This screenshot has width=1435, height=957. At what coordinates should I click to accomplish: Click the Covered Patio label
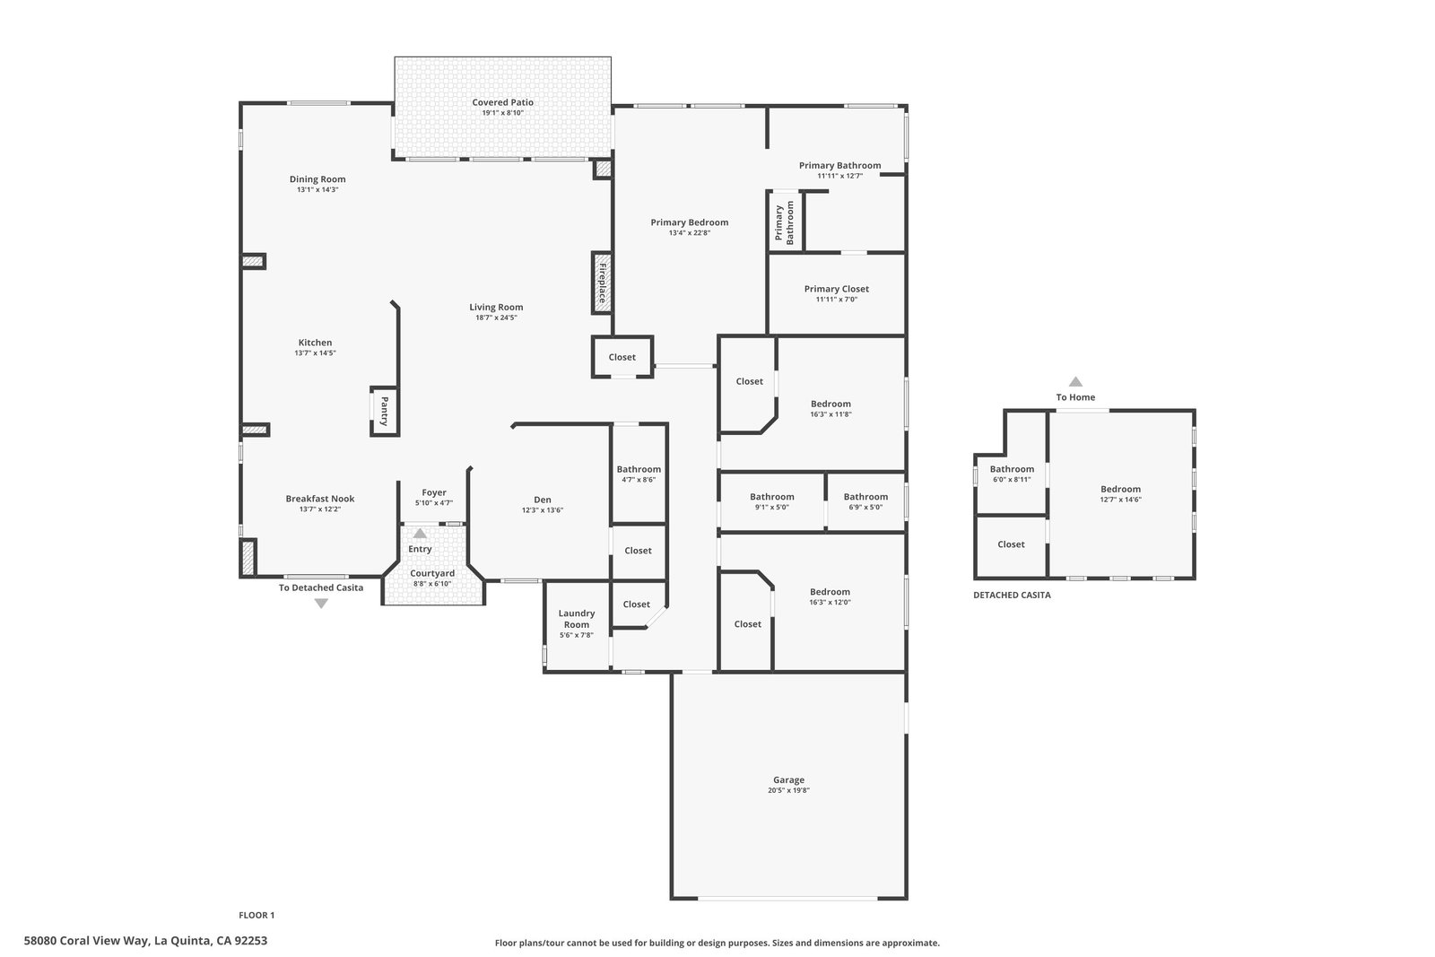pyautogui.click(x=502, y=102)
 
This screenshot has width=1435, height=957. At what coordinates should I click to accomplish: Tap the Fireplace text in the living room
pyautogui.click(x=602, y=283)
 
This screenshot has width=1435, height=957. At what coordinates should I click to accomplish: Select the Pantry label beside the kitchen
pyautogui.click(x=385, y=412)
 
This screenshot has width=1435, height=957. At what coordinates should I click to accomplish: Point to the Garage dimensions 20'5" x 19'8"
pyautogui.click(x=788, y=790)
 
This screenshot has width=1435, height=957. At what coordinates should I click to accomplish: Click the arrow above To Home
pyautogui.click(x=1075, y=381)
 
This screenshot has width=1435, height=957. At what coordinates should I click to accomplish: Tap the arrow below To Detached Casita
pyautogui.click(x=321, y=604)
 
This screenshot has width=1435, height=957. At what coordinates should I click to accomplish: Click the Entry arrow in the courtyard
pyautogui.click(x=420, y=533)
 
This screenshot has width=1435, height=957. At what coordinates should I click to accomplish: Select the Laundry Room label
pyautogui.click(x=577, y=619)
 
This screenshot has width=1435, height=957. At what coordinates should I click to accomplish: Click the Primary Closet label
pyautogui.click(x=837, y=288)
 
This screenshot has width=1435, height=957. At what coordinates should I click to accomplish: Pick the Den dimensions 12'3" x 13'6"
pyautogui.click(x=543, y=509)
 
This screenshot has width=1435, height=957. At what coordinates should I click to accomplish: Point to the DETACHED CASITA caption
pyautogui.click(x=1013, y=595)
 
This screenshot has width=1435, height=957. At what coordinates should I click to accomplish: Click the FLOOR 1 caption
pyautogui.click(x=257, y=915)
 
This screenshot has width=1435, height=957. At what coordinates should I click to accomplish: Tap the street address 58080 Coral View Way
pyautogui.click(x=86, y=940)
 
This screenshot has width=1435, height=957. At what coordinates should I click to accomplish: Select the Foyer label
pyautogui.click(x=434, y=492)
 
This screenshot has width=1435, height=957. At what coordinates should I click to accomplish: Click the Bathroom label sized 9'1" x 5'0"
pyautogui.click(x=772, y=496)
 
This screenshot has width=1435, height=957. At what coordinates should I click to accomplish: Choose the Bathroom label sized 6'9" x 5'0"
pyautogui.click(x=865, y=496)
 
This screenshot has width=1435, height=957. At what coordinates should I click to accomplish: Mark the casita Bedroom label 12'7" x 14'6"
pyautogui.click(x=1120, y=489)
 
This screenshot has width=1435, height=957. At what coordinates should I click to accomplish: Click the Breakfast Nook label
pyautogui.click(x=319, y=499)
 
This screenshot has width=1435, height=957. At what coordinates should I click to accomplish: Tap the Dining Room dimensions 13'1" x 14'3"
pyautogui.click(x=317, y=189)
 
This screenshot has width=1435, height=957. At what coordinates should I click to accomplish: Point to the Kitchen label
pyautogui.click(x=315, y=342)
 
